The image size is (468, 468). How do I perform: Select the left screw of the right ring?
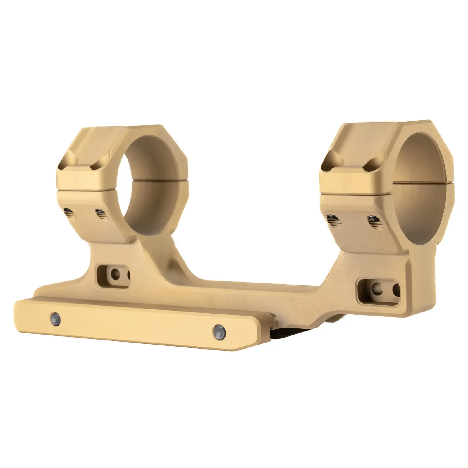coord(333,219)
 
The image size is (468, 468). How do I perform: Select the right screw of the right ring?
coord(372,221)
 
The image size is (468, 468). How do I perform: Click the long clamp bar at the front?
coord(132,325)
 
